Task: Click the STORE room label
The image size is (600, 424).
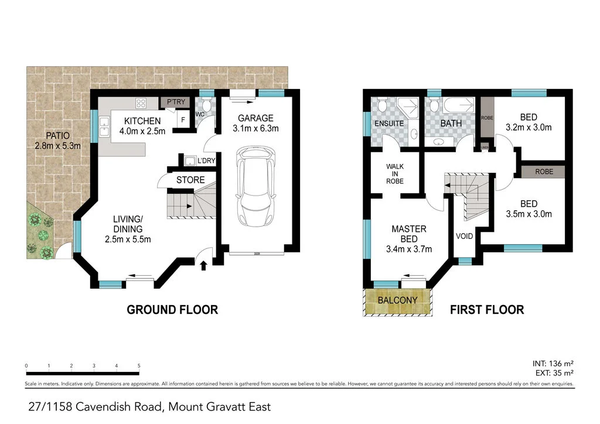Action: [x=190, y=180]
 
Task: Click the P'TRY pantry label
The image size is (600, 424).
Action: [x=176, y=102]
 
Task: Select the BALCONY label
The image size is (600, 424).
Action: [x=397, y=300]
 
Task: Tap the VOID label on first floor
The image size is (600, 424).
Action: [x=465, y=236]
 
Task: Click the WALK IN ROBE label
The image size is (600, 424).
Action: [x=394, y=173]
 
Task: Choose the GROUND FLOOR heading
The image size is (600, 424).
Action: [x=172, y=310]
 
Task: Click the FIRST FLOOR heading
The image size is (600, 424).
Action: [x=486, y=310]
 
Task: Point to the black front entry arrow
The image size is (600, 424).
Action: [x=204, y=266]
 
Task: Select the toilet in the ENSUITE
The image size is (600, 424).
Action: [x=381, y=106]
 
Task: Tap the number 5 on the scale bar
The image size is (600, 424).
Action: [x=139, y=365]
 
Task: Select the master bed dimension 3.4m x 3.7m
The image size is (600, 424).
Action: [x=408, y=249]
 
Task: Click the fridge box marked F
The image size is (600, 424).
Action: [x=183, y=119]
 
